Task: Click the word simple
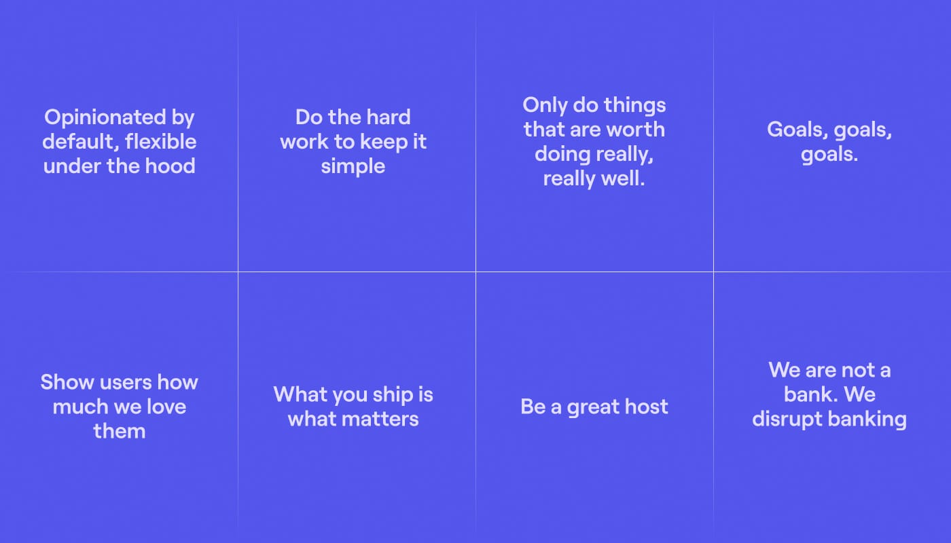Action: pyautogui.click(x=353, y=166)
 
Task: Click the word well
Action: pyautogui.click(x=622, y=179)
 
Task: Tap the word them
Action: pyautogui.click(x=120, y=431)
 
